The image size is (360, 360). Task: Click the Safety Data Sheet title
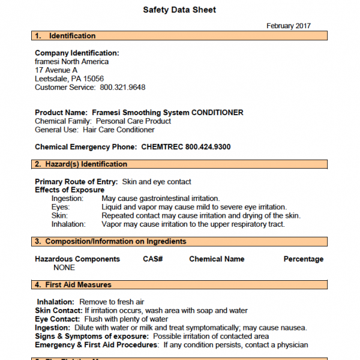[179, 10]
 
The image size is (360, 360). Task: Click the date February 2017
[289, 26]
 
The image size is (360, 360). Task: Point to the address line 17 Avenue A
[56, 70]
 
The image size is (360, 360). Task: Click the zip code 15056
[94, 79]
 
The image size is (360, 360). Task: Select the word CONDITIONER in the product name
[218, 112]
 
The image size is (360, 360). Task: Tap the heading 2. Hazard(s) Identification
[80, 164]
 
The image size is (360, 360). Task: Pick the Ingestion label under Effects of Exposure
[67, 198]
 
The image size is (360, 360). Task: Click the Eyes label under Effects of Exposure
[61, 207]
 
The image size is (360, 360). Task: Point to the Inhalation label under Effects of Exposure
[68, 224]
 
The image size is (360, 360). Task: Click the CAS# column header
[153, 259]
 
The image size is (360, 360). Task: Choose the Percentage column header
[303, 259]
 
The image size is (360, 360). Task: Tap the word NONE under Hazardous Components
[64, 268]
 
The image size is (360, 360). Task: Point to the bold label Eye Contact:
[56, 319]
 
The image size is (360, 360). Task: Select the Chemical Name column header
[217, 259]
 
